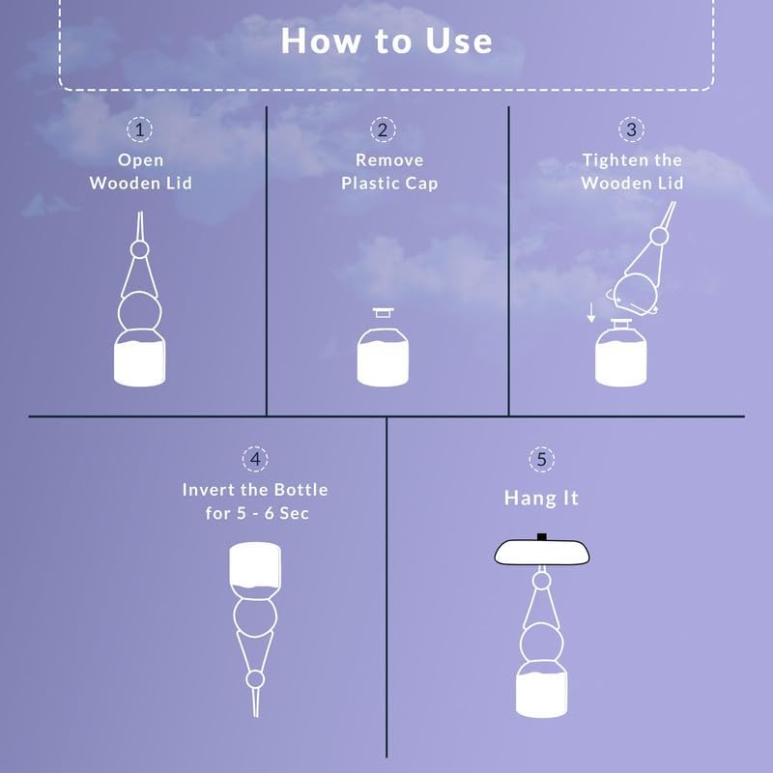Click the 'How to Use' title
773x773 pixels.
click(x=386, y=41)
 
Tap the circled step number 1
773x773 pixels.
click(x=139, y=129)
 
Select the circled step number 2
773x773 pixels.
click(x=383, y=129)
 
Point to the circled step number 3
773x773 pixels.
click(x=632, y=129)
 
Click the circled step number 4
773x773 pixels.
click(x=255, y=459)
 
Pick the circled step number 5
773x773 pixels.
click(x=542, y=459)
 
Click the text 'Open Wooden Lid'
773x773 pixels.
click(x=140, y=172)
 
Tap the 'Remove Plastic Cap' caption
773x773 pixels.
click(x=389, y=172)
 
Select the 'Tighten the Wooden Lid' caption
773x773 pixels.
click(x=632, y=172)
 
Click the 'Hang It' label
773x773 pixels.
click(x=541, y=498)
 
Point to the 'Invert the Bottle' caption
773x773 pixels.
click(x=255, y=490)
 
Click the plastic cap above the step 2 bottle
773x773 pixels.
click(x=383, y=312)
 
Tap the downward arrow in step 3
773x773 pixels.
click(x=591, y=313)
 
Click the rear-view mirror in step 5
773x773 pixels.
click(x=542, y=552)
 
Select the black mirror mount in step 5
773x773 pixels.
click(x=542, y=537)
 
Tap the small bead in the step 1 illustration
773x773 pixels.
click(x=139, y=249)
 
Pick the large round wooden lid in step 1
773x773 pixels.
click(x=139, y=312)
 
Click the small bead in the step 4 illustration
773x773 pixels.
click(x=255, y=680)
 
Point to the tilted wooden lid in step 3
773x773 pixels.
click(x=637, y=295)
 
